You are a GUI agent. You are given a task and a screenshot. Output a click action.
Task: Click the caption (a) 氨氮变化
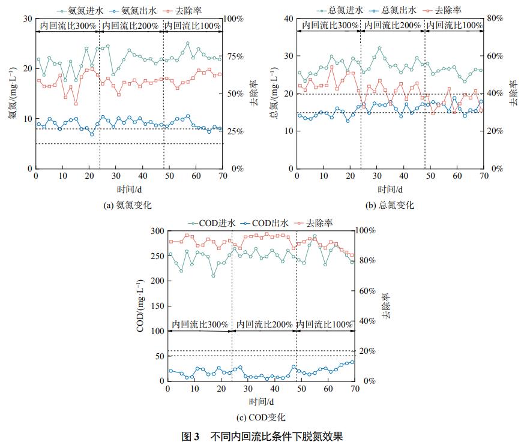(x=128, y=205)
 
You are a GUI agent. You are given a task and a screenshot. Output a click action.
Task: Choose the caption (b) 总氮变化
(x=390, y=205)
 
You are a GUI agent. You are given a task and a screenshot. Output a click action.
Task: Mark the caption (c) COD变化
(x=260, y=417)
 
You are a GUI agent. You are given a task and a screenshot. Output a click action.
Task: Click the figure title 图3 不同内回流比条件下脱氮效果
(x=262, y=436)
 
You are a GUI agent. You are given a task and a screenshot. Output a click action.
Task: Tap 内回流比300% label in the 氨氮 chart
(x=68, y=25)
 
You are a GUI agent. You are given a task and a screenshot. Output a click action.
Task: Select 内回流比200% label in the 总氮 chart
(x=393, y=25)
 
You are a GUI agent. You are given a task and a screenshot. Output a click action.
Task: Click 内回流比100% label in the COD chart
(x=325, y=324)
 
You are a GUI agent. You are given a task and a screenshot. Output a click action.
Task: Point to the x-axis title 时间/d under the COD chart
(x=260, y=401)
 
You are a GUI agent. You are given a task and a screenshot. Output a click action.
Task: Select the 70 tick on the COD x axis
(x=354, y=389)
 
